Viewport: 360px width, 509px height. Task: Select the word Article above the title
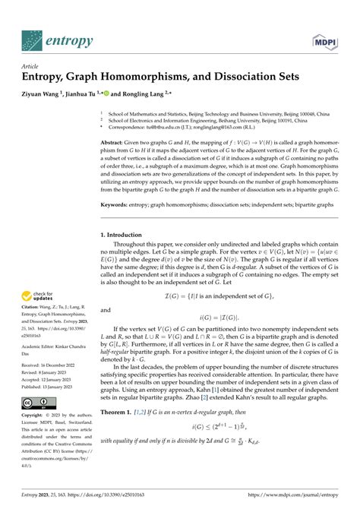[x=32, y=66]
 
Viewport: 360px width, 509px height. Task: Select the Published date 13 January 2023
[x=52, y=387]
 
